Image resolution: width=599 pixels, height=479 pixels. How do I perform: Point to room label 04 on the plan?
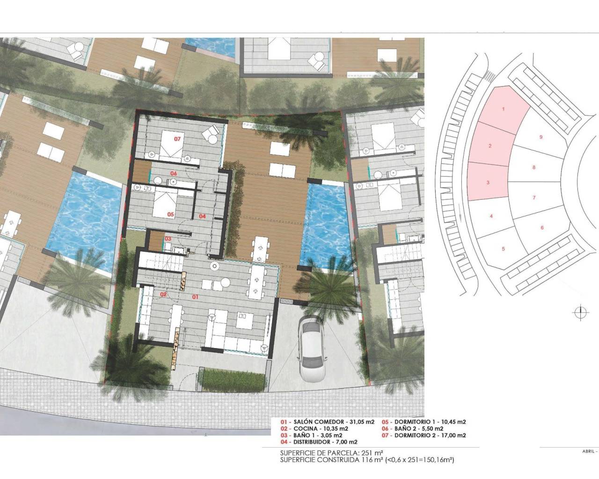coord(202,216)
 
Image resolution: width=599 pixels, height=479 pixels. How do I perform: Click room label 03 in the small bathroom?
coord(168,239)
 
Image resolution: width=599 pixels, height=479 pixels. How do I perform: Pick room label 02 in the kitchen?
coord(164,294)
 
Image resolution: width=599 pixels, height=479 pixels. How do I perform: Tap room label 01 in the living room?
coord(196,297)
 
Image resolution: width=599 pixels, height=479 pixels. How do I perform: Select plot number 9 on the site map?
coord(541,137)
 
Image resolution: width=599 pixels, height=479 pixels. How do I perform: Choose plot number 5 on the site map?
coord(503,248)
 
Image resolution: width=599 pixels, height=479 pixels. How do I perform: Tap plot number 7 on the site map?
coord(534,197)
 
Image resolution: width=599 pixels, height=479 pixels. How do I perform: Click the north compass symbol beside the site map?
coord(579,312)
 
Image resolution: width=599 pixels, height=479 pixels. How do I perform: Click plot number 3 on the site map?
coord(488,182)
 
